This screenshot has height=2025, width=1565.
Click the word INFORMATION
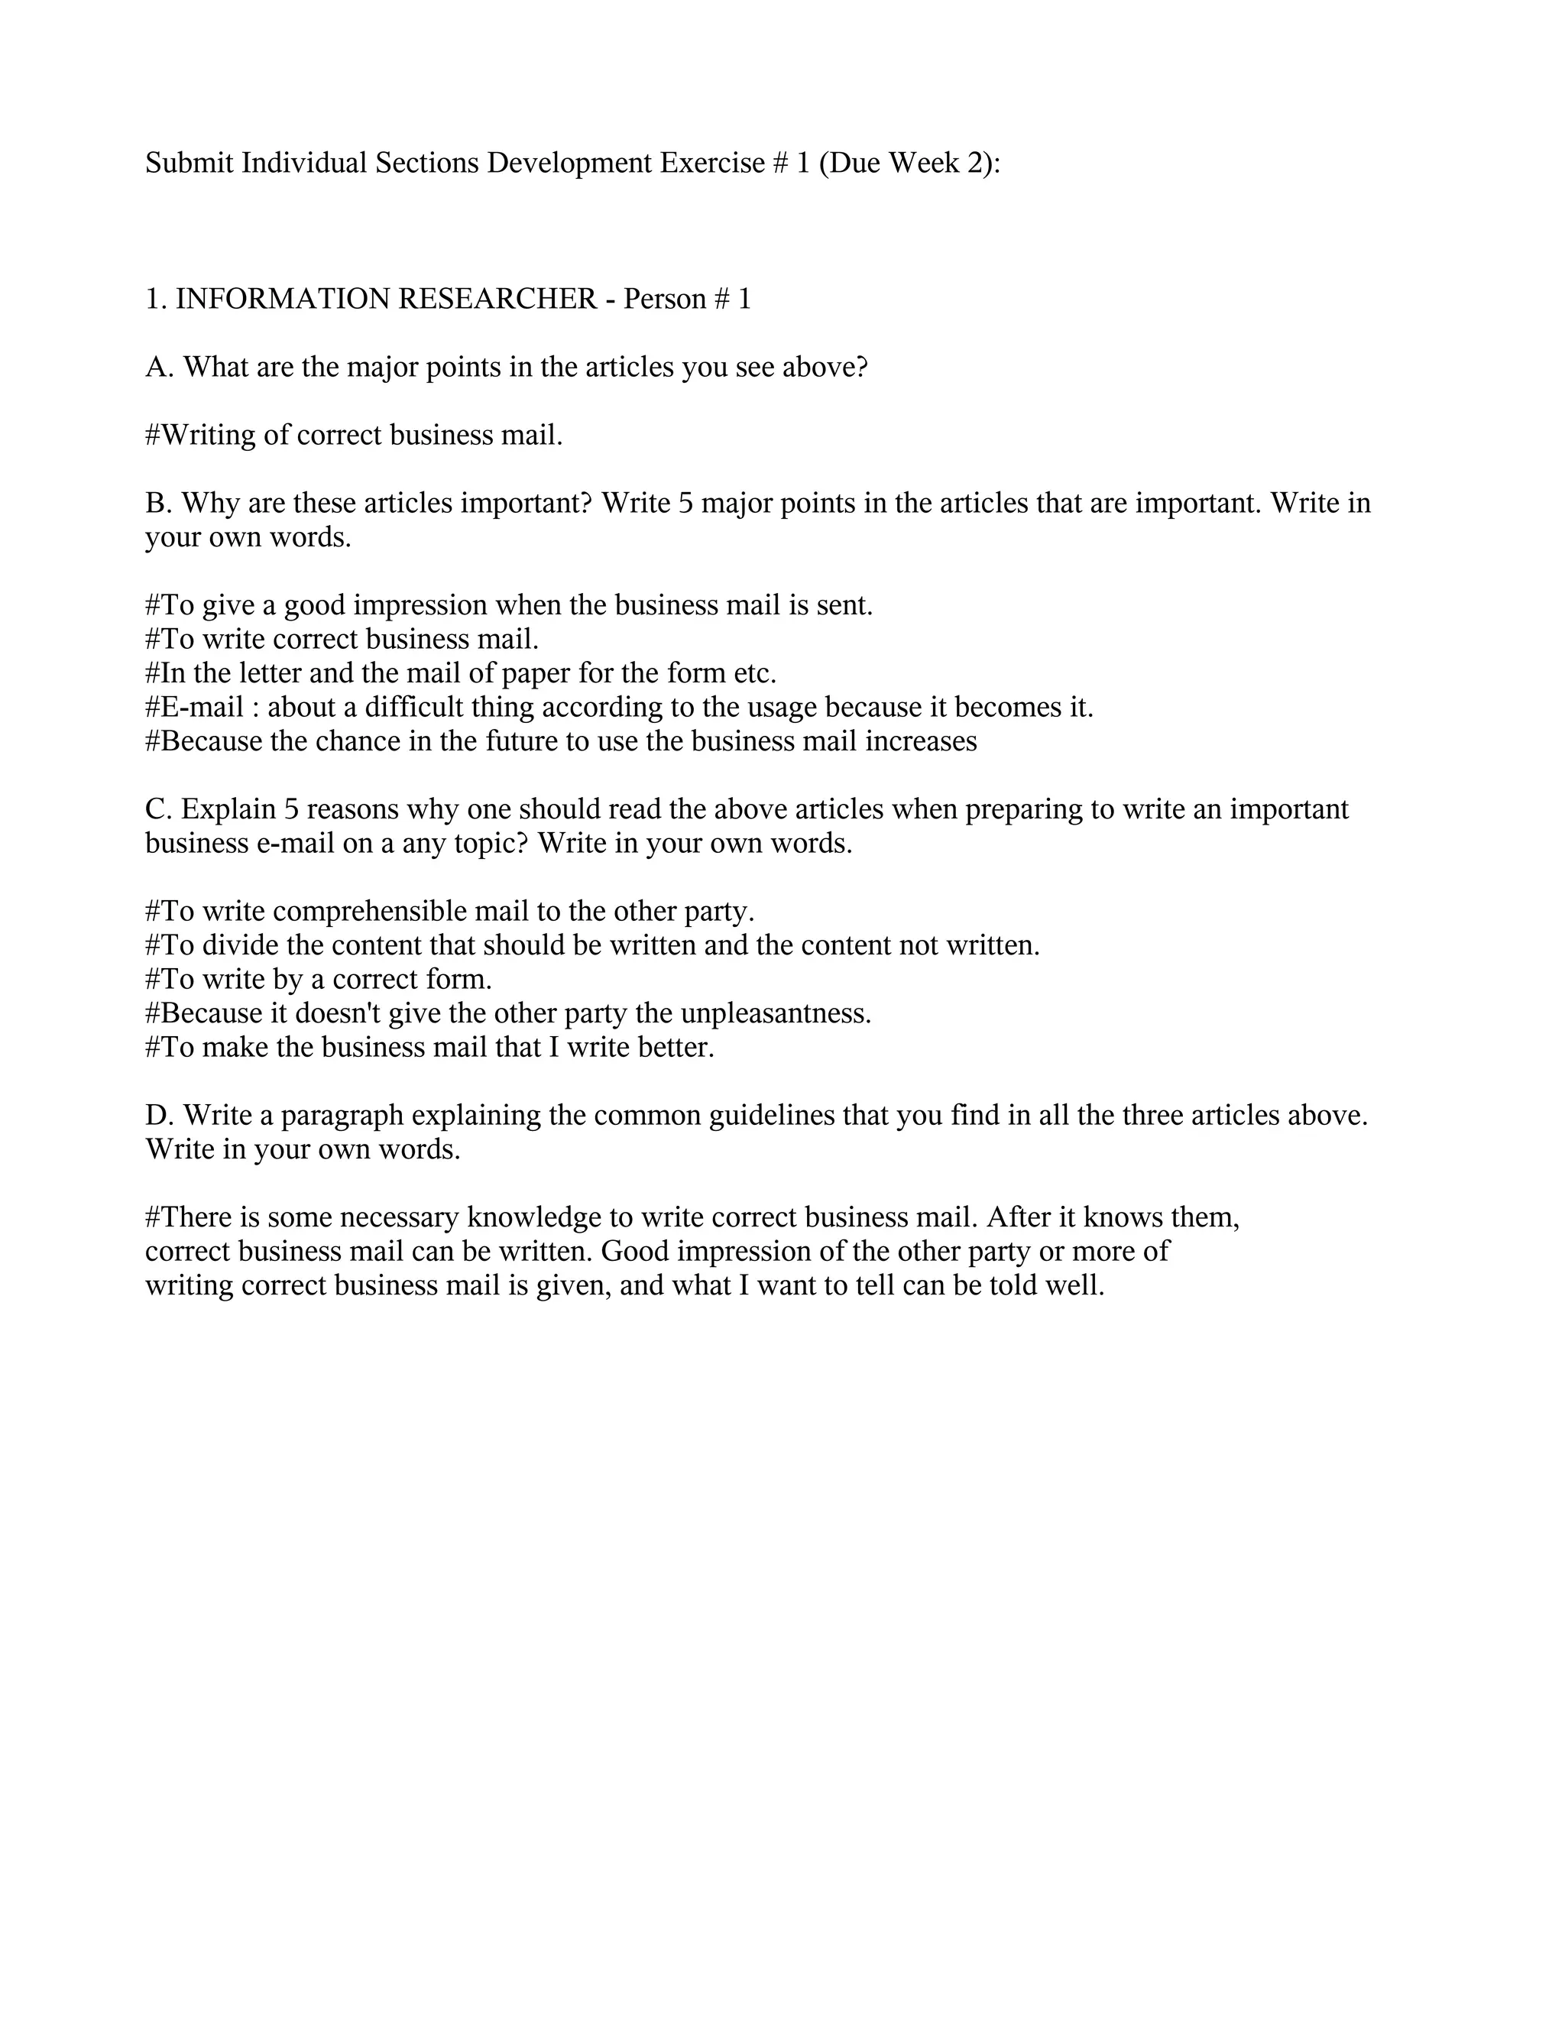[283, 300]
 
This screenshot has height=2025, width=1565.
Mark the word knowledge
[534, 1217]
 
